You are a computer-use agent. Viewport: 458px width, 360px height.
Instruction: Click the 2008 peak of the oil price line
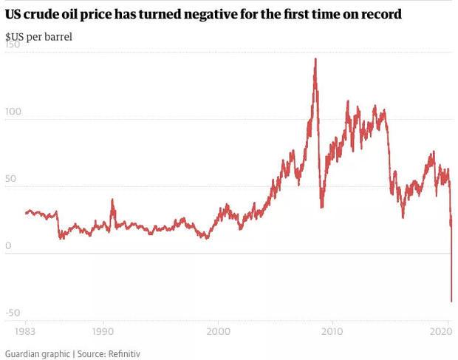pos(315,59)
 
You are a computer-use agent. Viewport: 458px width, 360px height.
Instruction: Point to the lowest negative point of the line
pos(451,301)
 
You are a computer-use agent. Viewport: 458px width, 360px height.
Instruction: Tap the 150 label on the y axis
pos(13,45)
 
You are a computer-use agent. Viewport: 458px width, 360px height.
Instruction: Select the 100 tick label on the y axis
pos(13,112)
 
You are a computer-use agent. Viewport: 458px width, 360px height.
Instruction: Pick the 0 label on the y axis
pos(8,246)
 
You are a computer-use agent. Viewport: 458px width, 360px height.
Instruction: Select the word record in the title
pos(381,14)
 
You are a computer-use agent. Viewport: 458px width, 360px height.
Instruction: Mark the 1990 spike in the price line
pos(112,200)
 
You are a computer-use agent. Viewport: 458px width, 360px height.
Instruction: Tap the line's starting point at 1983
pos(26,213)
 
